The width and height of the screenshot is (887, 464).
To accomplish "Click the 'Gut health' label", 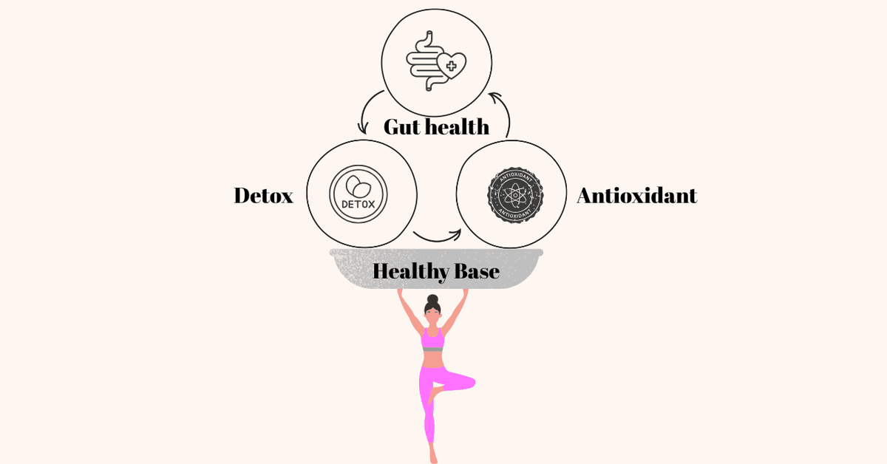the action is click(436, 127).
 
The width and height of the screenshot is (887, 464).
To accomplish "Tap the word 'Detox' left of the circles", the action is click(264, 196).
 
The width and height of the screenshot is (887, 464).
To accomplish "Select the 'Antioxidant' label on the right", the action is click(636, 196).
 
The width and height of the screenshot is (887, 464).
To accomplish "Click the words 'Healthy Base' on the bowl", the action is click(436, 272).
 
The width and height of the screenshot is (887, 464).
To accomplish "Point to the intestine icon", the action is click(424, 61).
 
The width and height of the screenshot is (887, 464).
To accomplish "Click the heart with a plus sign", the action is click(452, 65).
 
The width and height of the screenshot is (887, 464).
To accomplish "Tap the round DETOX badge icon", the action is click(358, 194).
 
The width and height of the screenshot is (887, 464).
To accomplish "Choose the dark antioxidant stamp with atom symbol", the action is click(515, 195).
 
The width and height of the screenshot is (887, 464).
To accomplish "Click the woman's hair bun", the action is click(433, 299).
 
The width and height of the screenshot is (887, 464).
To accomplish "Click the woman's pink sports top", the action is click(432, 339).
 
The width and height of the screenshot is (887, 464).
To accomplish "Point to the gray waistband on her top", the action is click(433, 349).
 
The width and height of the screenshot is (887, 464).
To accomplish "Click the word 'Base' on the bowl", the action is click(477, 272).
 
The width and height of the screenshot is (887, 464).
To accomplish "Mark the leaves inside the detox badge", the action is click(358, 186).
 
